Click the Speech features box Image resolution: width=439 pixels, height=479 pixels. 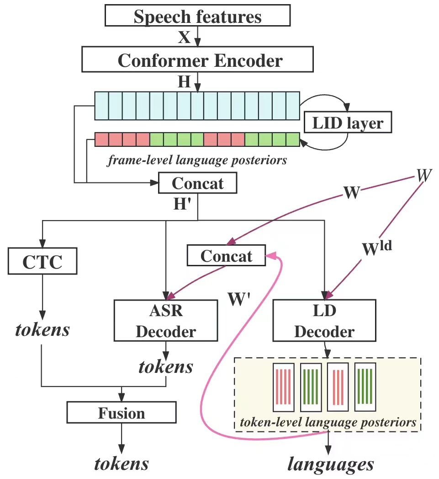point(197,16)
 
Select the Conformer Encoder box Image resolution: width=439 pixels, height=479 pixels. point(197,60)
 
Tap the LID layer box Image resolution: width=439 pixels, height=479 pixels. point(348,122)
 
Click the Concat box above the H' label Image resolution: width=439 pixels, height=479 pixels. point(197,183)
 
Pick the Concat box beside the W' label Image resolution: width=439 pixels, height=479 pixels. point(227,256)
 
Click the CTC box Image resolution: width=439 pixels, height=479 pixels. point(42,262)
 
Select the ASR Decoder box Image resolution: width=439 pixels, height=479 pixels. point(165,321)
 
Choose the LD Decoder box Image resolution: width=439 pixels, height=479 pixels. point(324,320)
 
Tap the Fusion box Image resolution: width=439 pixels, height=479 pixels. point(122,413)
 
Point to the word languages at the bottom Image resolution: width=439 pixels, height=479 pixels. point(330,464)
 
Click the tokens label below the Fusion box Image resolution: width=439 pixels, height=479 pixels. point(122,463)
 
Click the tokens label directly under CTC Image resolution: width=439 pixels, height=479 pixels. point(42,329)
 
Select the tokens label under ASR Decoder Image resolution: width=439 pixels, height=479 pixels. point(166,366)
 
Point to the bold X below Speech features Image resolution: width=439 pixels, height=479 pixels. point(184,38)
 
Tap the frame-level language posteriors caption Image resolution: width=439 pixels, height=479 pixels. point(197,161)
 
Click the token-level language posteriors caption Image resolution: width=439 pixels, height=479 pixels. point(327,422)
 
